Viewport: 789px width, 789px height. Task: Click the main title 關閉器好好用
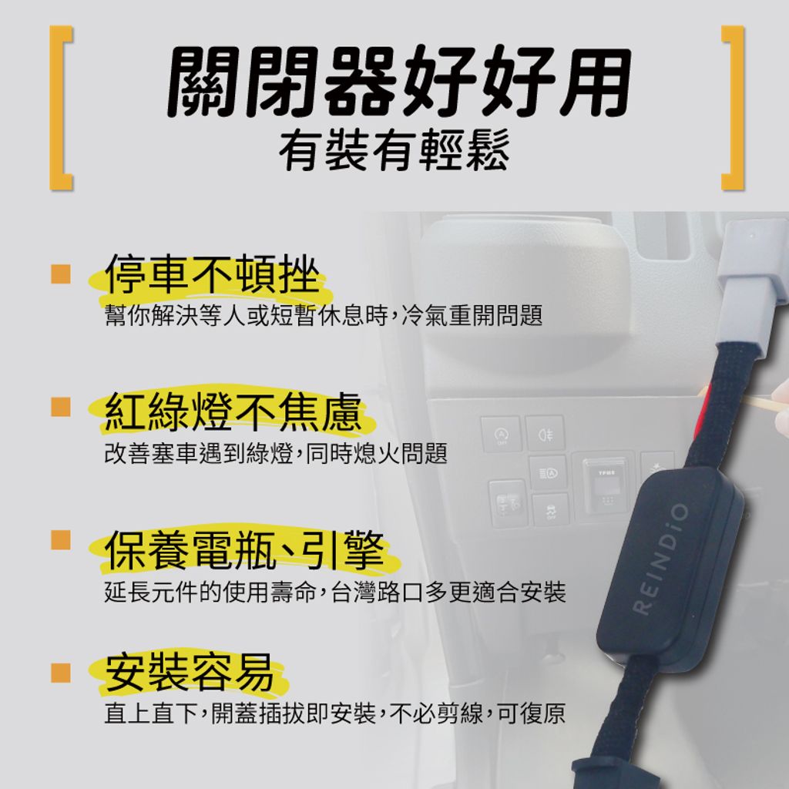click(398, 81)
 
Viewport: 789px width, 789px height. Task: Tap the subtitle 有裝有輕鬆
click(394, 149)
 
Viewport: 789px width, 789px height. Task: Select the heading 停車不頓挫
click(213, 274)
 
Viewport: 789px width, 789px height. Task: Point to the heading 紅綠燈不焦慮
click(233, 411)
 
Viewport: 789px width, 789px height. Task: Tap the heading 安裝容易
click(190, 672)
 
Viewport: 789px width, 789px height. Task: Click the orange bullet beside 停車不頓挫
click(61, 274)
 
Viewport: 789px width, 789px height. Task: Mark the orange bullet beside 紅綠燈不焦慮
click(61, 407)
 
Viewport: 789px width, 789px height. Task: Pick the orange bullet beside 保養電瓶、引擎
click(61, 539)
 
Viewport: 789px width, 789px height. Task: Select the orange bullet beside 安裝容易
click(61, 672)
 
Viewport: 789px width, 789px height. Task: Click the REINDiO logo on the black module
click(660, 559)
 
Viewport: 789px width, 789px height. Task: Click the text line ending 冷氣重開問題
click(324, 316)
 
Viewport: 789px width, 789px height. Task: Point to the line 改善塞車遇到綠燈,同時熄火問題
click(276, 453)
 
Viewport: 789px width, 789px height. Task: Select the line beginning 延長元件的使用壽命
click(335, 592)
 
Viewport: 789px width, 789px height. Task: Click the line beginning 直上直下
click(335, 713)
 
